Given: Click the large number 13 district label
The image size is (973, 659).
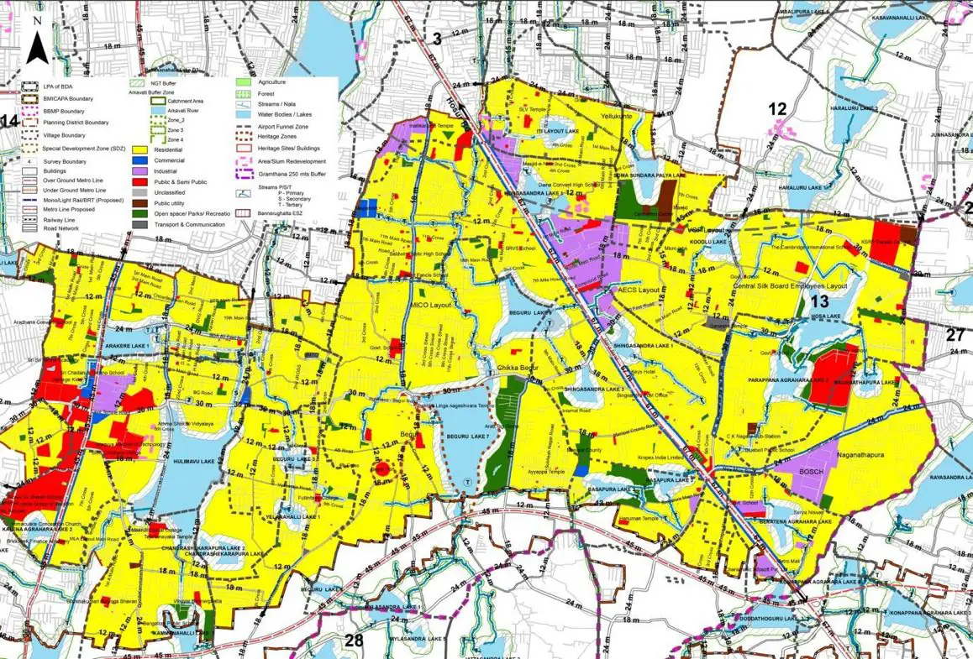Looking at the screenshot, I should (x=819, y=301).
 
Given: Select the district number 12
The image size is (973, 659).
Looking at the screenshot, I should (x=777, y=107).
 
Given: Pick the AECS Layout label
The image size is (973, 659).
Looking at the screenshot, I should (x=640, y=289).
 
